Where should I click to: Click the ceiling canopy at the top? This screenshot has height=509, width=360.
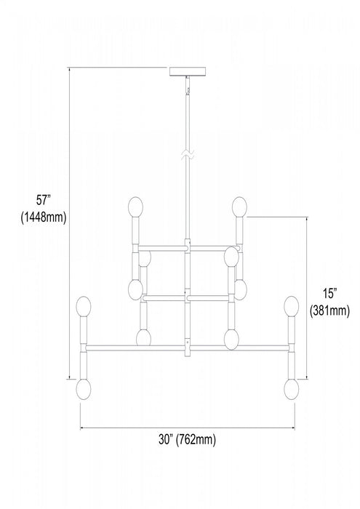point(188,71)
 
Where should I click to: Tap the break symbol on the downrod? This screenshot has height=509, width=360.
point(188,155)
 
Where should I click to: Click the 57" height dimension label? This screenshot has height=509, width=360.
point(44,200)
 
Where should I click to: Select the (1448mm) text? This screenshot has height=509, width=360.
point(44,217)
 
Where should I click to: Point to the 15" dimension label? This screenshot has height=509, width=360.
point(329,294)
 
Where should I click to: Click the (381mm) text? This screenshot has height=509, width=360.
point(329,310)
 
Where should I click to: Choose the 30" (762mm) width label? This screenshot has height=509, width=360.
point(188,439)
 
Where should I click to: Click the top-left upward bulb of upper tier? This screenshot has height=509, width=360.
point(135,207)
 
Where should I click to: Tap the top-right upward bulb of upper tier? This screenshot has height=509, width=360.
point(239,207)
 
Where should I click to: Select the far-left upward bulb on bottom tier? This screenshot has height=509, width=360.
point(83,306)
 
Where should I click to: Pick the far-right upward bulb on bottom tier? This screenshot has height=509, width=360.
point(292,306)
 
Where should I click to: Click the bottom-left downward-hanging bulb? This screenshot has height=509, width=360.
point(83,389)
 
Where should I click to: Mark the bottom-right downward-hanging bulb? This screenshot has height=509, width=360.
point(292,389)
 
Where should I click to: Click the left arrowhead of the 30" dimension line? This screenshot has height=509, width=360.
point(82,428)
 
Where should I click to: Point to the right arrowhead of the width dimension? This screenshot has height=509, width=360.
point(293,428)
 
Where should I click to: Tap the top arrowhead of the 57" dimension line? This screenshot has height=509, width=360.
point(69,70)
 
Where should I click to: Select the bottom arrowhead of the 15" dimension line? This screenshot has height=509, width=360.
point(307,376)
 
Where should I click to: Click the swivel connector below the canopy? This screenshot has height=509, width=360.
point(188,85)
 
